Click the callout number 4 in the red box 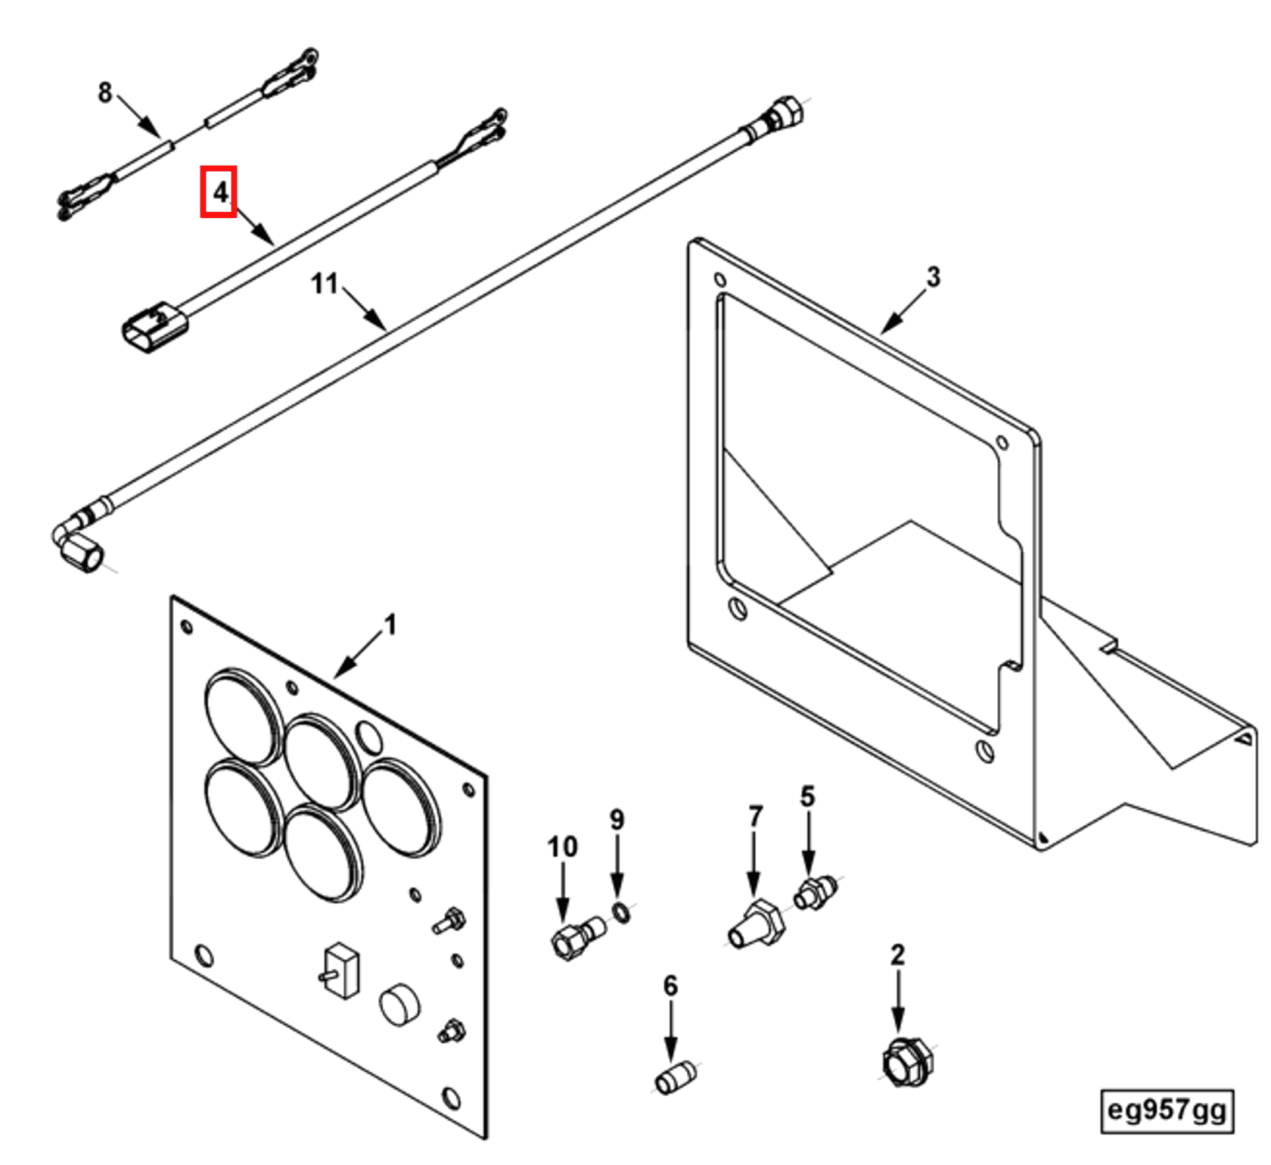pyautogui.click(x=219, y=192)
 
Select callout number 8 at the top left pyautogui.click(x=105, y=92)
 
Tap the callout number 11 pyautogui.click(x=325, y=284)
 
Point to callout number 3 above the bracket pyautogui.click(x=934, y=277)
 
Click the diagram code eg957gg pyautogui.click(x=1166, y=1110)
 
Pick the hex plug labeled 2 pyautogui.click(x=907, y=1061)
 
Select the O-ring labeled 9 pyautogui.click(x=621, y=913)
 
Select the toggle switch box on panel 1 pyautogui.click(x=342, y=970)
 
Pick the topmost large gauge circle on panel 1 pyautogui.click(x=243, y=717)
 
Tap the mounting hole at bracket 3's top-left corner pyautogui.click(x=719, y=280)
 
